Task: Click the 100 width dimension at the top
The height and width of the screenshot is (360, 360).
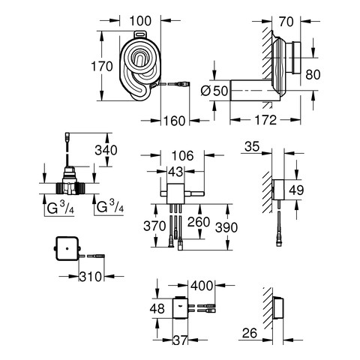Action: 140,21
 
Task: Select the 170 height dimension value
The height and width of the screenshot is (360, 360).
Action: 102,67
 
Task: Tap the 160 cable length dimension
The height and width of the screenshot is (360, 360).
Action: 174,121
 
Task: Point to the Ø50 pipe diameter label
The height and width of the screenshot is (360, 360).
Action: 214,91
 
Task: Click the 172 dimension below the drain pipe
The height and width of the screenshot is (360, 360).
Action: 265,120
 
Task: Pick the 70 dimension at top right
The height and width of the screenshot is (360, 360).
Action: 286,22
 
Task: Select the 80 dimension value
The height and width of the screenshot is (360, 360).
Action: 313,75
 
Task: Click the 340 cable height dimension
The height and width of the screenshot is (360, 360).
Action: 106,150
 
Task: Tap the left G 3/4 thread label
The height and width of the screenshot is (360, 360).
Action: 61,207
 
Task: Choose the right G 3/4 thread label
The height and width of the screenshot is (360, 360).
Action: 110,207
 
